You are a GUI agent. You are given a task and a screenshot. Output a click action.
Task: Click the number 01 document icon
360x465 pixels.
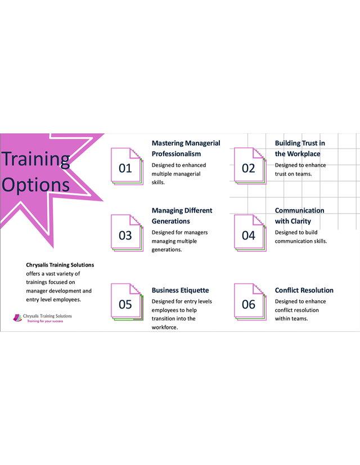tap(127, 166)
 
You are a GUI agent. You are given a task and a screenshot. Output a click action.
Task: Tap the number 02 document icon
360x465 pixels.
tap(250, 166)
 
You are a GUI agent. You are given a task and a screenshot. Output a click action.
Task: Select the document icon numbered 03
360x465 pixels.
tap(127, 233)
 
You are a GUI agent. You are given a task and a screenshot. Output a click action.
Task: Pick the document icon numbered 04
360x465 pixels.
tap(250, 233)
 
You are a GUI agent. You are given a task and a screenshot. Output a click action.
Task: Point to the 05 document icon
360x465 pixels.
tap(127, 302)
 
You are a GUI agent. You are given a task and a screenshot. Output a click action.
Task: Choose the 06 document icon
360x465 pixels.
tap(250, 302)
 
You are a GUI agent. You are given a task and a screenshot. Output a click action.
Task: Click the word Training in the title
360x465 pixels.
tap(36, 160)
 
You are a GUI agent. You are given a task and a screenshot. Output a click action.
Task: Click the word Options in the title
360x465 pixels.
tap(36, 185)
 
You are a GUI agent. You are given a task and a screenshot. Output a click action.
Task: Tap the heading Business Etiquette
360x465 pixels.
tap(180, 290)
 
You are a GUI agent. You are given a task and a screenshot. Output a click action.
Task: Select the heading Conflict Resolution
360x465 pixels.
tap(304, 290)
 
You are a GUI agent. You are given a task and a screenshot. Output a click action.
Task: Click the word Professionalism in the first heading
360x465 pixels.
tap(176, 154)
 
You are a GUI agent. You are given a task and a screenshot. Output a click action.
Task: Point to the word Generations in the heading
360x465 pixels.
tap(170, 221)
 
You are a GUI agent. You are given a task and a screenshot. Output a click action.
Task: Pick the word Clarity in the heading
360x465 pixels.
tap(301, 221)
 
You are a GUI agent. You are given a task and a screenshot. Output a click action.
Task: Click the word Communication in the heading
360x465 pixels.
tap(299, 210)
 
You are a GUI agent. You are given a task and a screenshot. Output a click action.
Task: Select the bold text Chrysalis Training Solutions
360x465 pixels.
tap(60, 265)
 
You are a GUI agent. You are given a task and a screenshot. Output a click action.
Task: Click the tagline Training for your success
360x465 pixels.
tap(45, 321)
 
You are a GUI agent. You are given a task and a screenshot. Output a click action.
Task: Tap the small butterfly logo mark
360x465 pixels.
tap(17, 318)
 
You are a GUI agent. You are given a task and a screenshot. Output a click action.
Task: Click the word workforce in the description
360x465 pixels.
tap(165, 327)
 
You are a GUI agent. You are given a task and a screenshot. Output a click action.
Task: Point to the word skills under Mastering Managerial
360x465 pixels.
tap(158, 182)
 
